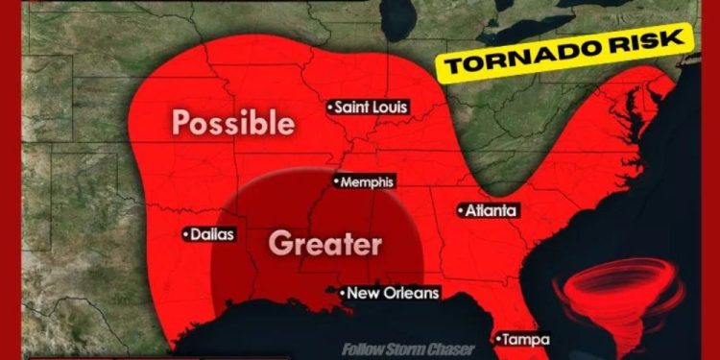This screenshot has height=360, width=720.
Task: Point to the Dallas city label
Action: (211, 233)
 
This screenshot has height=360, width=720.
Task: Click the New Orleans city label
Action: (392, 293)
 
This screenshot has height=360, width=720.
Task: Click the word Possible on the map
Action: (232, 123)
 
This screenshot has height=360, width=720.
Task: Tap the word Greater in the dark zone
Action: (324, 243)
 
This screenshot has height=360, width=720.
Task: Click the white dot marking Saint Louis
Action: (329, 107)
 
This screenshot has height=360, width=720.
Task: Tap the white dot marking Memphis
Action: (336, 180)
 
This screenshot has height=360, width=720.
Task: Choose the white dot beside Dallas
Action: (185, 233)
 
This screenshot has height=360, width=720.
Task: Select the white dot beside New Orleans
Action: (342, 292)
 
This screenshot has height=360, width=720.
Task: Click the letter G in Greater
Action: (279, 243)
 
